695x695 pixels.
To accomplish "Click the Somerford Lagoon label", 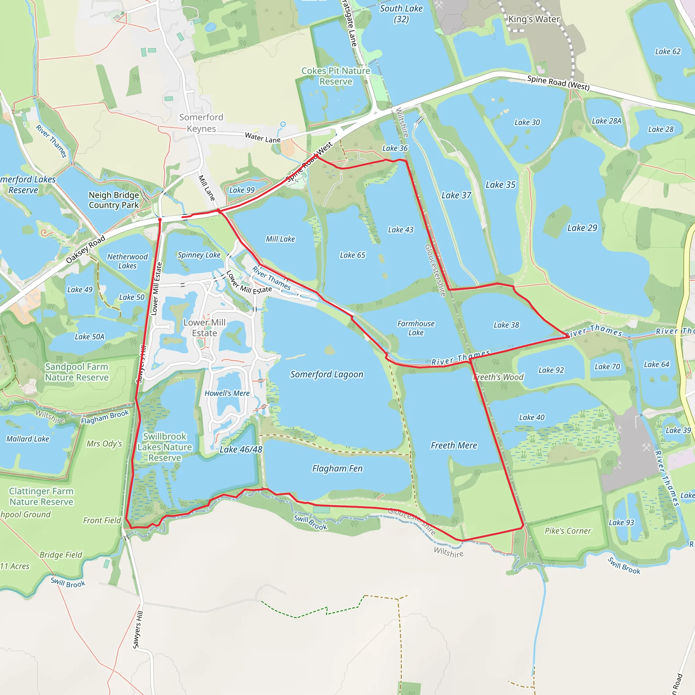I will (x=327, y=375).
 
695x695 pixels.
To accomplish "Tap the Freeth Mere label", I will (x=454, y=446).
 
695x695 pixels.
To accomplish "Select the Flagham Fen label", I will (x=337, y=468).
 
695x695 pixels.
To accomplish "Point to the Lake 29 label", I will (x=582, y=228).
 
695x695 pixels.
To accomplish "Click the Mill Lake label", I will (x=280, y=239).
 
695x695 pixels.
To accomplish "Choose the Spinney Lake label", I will (x=199, y=255).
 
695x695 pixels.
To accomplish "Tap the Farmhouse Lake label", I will (x=416, y=328).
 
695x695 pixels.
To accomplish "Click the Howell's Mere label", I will (x=227, y=393).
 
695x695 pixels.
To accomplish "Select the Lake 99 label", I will (x=242, y=190).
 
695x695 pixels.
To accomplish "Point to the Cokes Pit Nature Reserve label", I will (x=336, y=76).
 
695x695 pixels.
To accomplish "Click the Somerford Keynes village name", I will (x=201, y=123).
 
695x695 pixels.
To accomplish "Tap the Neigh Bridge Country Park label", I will (x=114, y=200).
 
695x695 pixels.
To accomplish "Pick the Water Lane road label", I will (x=263, y=137).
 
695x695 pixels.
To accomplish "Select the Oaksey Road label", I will (x=86, y=249).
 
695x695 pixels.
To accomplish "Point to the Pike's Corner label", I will (x=568, y=531).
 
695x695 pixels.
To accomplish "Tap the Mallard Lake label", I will (x=28, y=439).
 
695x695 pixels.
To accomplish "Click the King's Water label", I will (x=534, y=19).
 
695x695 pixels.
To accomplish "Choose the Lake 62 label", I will (x=668, y=52).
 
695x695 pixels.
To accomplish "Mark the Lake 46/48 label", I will (x=241, y=449).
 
